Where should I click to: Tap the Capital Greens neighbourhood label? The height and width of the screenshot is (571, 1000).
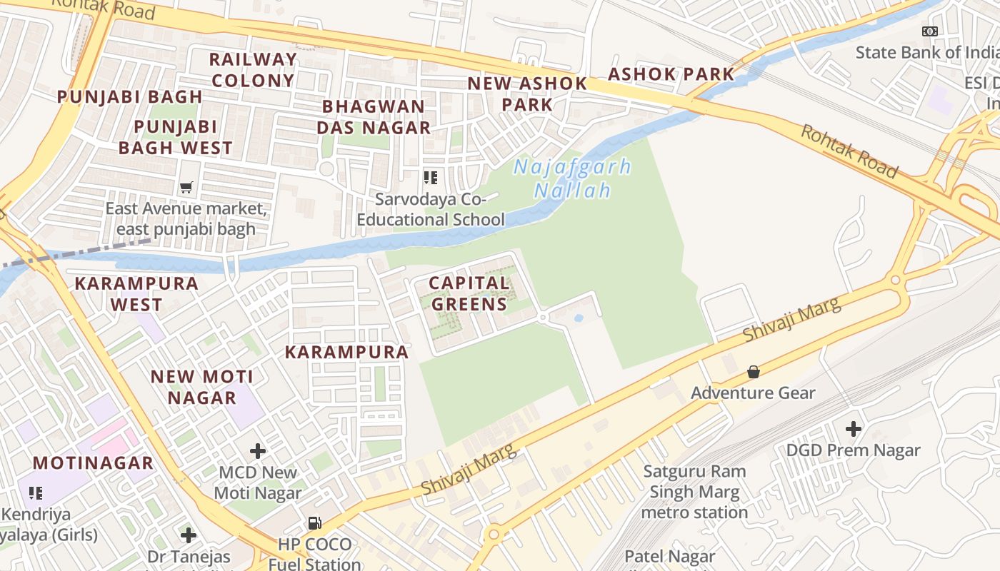469,293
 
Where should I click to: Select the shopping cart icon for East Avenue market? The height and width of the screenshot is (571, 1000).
186,188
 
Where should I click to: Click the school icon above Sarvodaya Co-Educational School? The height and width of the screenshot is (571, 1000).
430,177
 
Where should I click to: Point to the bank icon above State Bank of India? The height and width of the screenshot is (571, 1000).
929,31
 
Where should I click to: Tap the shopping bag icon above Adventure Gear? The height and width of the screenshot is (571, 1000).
753,372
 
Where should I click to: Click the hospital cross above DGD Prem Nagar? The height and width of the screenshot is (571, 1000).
853,429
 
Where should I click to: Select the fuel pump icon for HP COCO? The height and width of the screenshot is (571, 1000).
314,523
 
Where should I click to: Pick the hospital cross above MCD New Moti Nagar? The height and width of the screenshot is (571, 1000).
258,451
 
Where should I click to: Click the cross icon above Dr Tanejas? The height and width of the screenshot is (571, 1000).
189,535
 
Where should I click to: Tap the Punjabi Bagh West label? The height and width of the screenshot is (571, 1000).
175,137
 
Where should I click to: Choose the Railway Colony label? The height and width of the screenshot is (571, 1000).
253,70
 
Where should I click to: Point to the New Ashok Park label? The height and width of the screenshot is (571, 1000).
527,94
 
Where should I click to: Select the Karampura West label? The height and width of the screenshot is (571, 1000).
136,293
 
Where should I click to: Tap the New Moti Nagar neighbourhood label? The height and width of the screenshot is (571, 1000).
202,387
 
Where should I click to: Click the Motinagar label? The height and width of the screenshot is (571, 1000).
93,463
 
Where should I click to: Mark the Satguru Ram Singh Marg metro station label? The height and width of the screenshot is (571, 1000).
694,492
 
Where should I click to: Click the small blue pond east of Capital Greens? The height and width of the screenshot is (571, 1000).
579,318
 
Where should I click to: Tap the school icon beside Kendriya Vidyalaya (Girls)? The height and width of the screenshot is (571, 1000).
36,492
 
